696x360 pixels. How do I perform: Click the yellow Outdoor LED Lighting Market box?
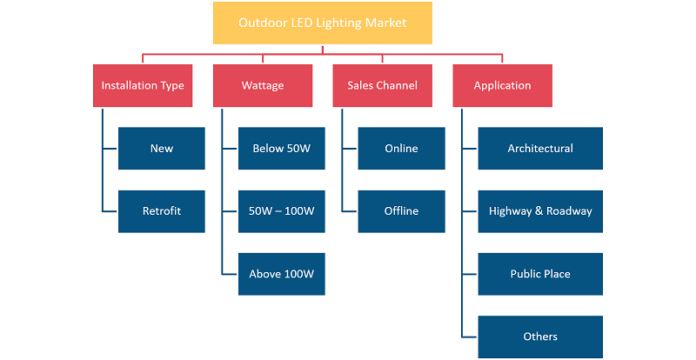coord(322,23)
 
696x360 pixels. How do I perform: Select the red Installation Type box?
coord(143,86)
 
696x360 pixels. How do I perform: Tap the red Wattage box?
coord(263,86)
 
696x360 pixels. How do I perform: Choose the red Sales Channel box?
coord(382,86)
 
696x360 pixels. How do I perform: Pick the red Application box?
coord(503,86)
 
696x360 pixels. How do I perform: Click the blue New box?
coord(162,149)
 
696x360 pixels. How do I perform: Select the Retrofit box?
coord(162,211)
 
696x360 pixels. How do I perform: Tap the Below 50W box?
coord(281,149)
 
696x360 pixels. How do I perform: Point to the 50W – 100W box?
coord(281,211)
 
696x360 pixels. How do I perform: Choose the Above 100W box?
coord(281,274)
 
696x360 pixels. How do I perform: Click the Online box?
coord(401,149)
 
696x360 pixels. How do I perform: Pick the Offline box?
coord(401,211)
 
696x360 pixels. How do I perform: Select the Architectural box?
coord(540,149)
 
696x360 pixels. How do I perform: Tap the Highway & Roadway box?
coord(540,211)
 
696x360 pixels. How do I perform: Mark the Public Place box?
coord(540,274)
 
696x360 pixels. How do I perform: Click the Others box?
coord(540,337)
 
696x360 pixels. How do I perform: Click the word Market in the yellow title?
coord(385,23)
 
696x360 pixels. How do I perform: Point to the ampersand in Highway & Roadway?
coord(539,210)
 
